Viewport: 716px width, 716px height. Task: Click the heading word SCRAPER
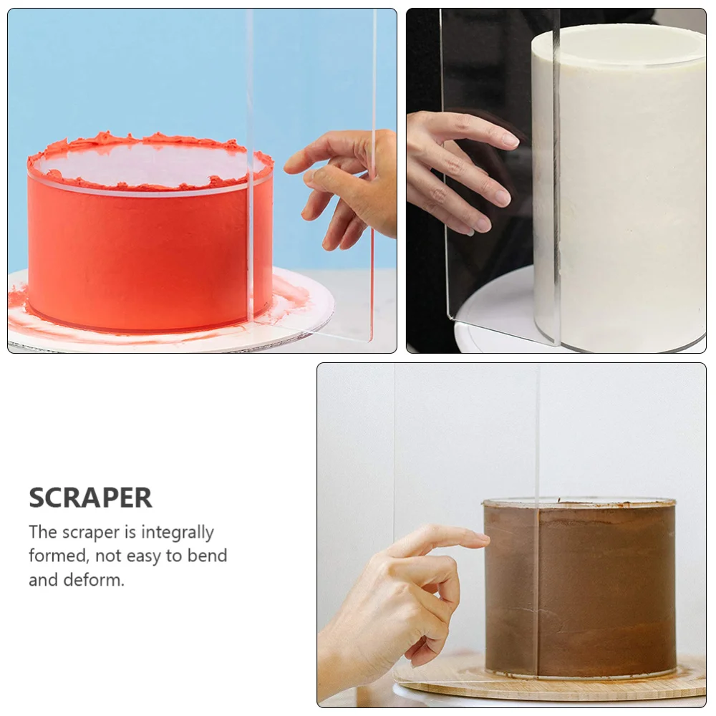tap(90, 498)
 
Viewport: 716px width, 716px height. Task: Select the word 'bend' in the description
tap(208, 556)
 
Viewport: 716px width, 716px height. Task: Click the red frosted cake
tap(143, 251)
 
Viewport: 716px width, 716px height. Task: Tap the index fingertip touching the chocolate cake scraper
tap(478, 538)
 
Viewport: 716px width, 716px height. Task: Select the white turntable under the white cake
tap(494, 315)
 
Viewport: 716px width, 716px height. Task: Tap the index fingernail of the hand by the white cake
tap(509, 140)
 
